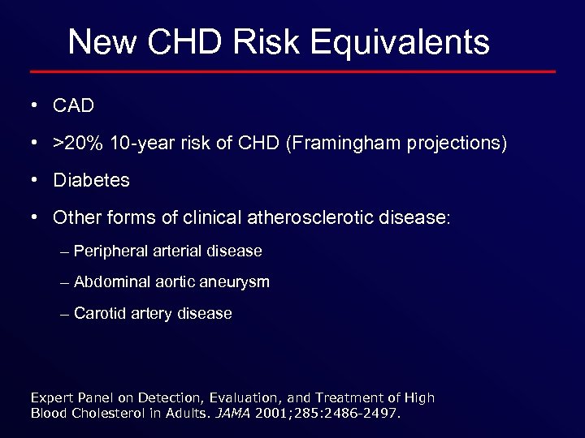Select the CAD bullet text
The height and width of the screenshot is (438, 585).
click(x=73, y=106)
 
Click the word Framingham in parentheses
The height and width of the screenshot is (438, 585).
click(x=362, y=144)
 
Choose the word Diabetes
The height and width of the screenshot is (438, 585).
click(x=91, y=180)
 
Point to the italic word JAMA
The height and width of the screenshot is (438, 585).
click(x=233, y=413)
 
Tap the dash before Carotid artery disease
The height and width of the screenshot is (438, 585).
click(x=65, y=314)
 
